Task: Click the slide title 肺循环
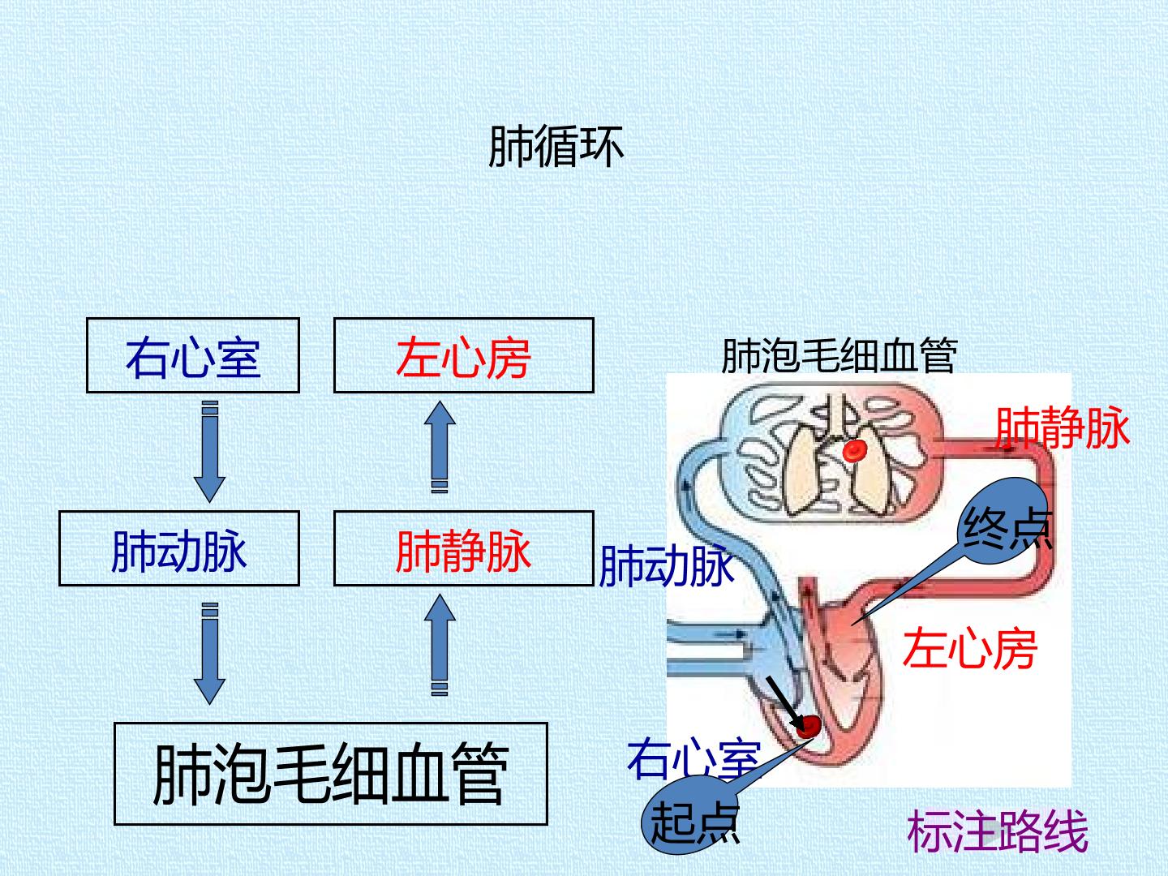[x=556, y=148]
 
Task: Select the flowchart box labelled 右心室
[x=193, y=355]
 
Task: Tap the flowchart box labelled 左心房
[x=463, y=355]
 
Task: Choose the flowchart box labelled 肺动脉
[x=179, y=548]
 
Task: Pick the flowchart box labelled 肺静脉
[x=463, y=548]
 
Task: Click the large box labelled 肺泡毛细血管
[x=331, y=774]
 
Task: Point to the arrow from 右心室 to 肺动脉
[x=209, y=452]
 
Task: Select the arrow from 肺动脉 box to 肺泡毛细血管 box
[x=209, y=654]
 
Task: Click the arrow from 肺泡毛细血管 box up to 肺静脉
[x=440, y=645]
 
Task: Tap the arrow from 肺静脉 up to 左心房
[x=440, y=447]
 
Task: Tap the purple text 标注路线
[x=997, y=831]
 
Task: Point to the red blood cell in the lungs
[x=855, y=450]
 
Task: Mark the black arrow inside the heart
[x=785, y=703]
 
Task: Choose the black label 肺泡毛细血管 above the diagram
[x=839, y=355]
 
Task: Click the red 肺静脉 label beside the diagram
[x=1062, y=427]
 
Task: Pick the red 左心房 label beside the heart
[x=969, y=647]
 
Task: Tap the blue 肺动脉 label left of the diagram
[x=666, y=566]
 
